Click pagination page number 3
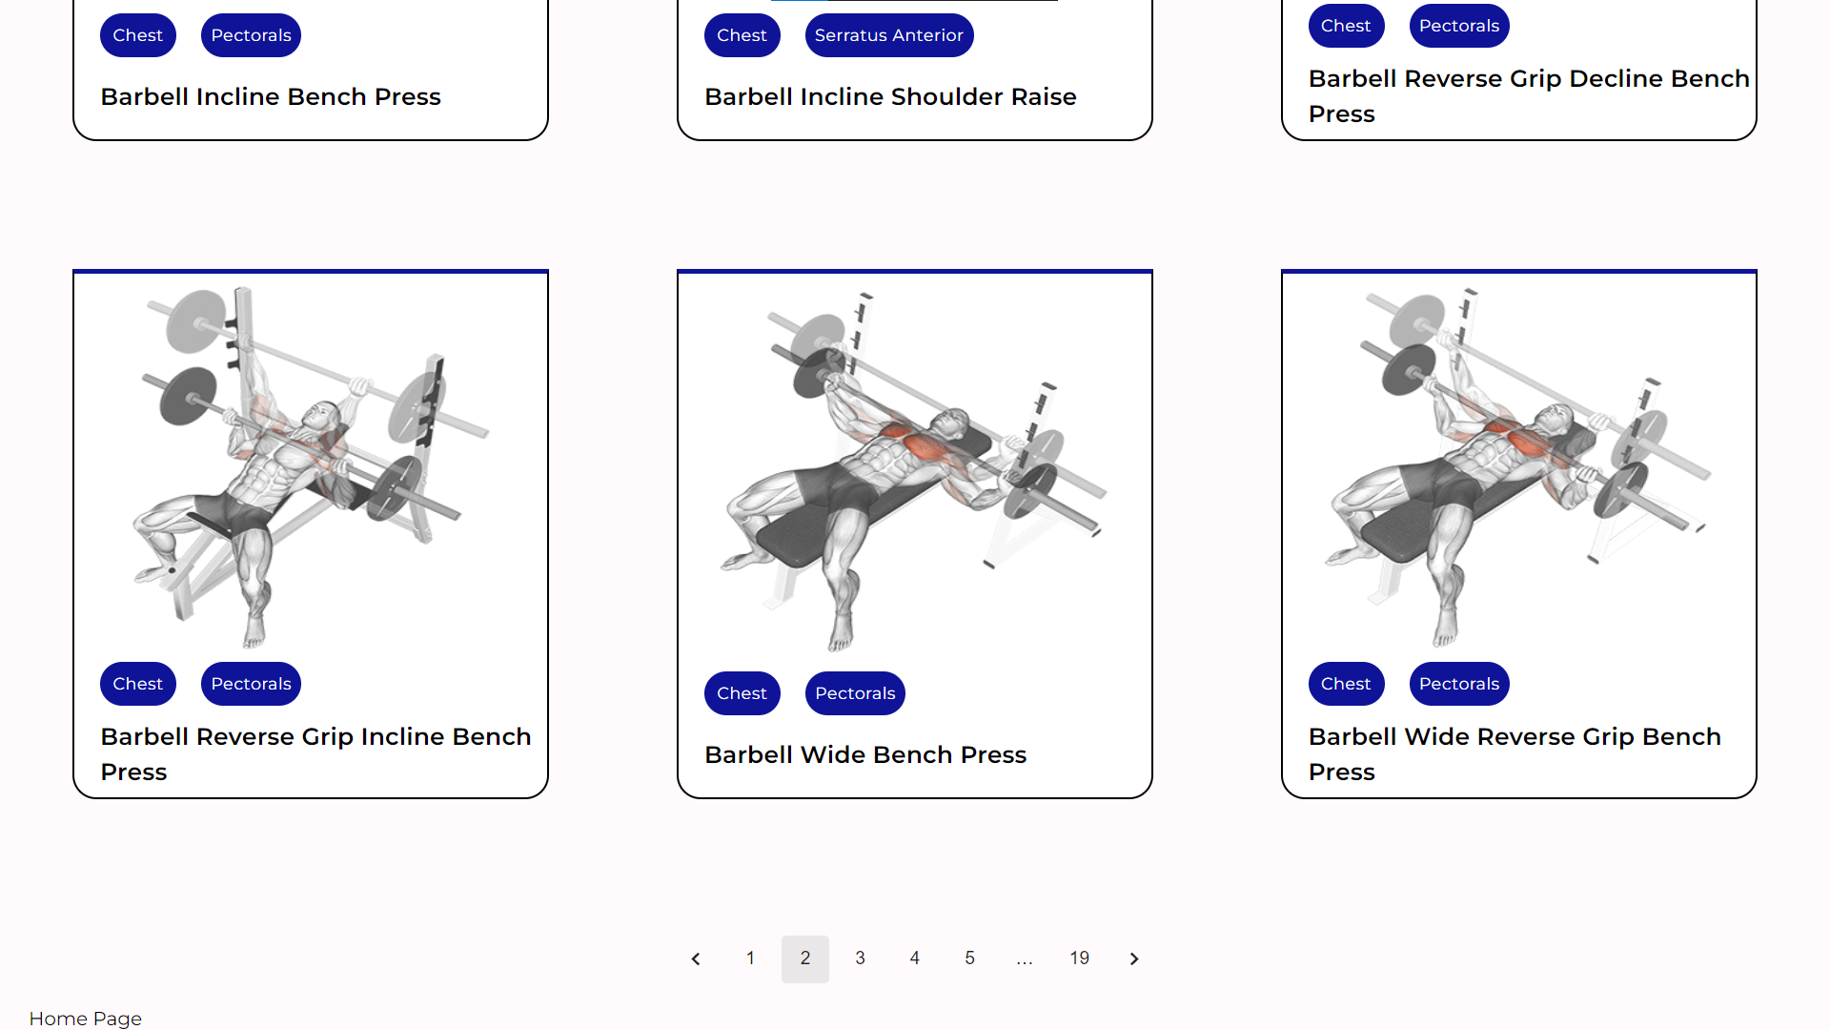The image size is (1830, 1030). click(860, 958)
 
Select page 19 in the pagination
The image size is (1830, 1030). click(1079, 958)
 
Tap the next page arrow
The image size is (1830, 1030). click(1134, 958)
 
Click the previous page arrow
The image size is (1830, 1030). click(696, 958)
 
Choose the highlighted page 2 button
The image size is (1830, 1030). click(805, 958)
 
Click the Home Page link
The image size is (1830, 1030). click(85, 1019)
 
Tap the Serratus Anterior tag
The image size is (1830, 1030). click(888, 35)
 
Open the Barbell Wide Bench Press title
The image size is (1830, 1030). click(864, 754)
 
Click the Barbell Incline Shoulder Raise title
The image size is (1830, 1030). click(890, 96)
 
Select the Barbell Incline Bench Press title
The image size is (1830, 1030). click(271, 96)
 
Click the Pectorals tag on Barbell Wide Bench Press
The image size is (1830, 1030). click(855, 693)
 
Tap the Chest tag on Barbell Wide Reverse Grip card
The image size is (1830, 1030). click(1345, 684)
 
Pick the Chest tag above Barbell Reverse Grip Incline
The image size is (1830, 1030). click(137, 684)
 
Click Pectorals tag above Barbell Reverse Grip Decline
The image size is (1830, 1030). click(1458, 26)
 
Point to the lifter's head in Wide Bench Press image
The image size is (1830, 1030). click(951, 422)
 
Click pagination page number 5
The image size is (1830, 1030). click(969, 958)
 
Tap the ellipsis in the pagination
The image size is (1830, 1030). click(1025, 958)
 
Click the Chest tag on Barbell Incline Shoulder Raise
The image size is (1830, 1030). click(742, 35)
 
